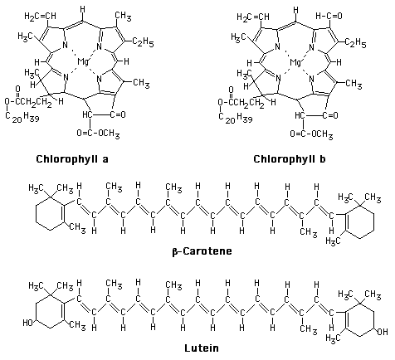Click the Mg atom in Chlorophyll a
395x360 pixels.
[83, 62]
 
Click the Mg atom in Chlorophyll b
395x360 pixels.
[295, 62]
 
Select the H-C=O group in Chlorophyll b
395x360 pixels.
[329, 17]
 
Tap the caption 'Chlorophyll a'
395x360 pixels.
[72, 159]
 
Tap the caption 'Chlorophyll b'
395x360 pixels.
[290, 159]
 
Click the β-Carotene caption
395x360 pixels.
[202, 251]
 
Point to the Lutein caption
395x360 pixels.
[202, 348]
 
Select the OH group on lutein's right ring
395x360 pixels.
[383, 331]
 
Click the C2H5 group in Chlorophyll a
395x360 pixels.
[143, 42]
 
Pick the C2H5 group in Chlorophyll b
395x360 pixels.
[355, 43]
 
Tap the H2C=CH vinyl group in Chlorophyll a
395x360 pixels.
[40, 17]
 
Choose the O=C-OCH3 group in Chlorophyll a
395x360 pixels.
[98, 134]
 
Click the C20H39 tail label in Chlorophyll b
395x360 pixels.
[235, 118]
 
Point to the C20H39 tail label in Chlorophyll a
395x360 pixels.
[22, 118]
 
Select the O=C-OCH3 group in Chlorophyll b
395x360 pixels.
[311, 134]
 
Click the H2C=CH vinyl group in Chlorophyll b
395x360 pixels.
[253, 17]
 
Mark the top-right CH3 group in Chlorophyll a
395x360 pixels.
[123, 17]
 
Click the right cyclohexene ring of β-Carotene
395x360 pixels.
[374, 221]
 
